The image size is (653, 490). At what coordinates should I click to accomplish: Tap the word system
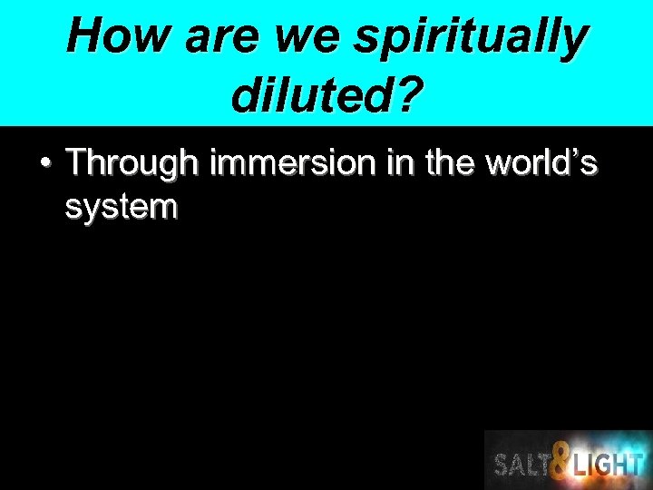coord(122,208)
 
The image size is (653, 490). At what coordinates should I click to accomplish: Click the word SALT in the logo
coord(524,465)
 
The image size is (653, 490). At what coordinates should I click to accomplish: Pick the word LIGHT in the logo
coord(609,465)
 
